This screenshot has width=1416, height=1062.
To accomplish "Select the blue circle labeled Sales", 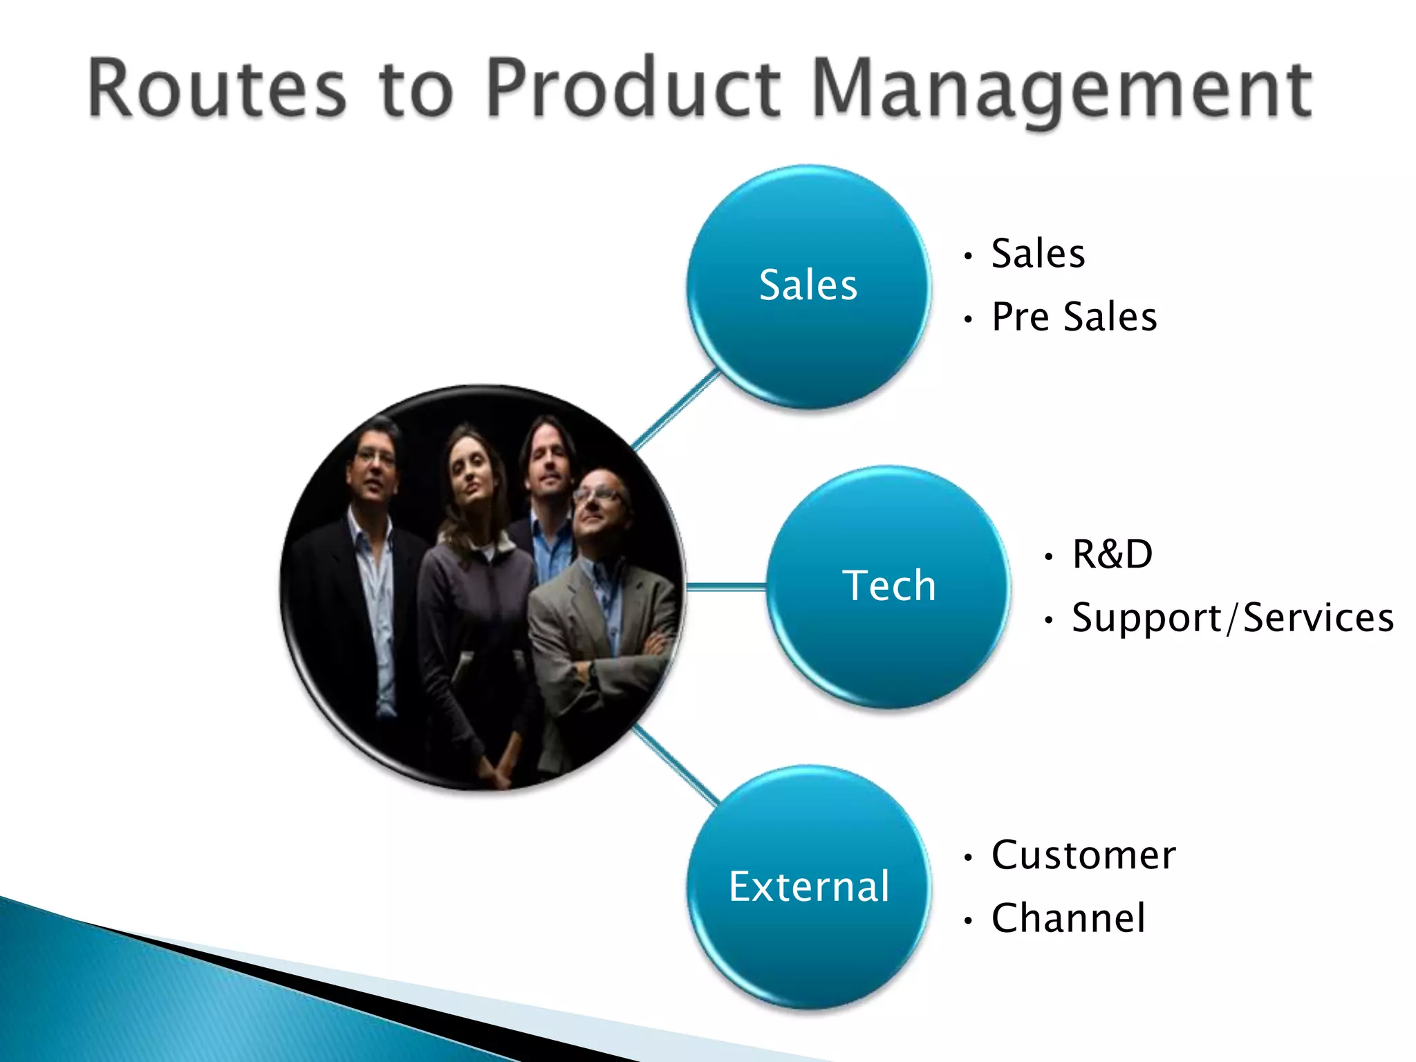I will point(808,286).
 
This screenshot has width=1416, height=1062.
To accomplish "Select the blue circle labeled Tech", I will point(888,586).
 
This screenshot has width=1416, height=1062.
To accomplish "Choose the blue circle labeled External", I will point(808,886).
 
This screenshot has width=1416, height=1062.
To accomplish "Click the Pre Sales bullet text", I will point(1074,317).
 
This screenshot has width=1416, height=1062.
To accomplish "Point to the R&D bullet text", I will point(1112,555).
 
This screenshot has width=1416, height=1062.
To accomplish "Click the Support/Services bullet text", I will point(1232,617).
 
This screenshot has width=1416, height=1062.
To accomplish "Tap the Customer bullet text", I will point(1083,855).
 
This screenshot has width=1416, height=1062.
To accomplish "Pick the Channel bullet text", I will point(1068,918).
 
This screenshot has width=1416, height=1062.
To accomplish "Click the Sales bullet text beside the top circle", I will point(1037,254).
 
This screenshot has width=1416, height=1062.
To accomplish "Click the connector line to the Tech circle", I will point(726,587).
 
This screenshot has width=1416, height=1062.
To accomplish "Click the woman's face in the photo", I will point(467,477).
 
